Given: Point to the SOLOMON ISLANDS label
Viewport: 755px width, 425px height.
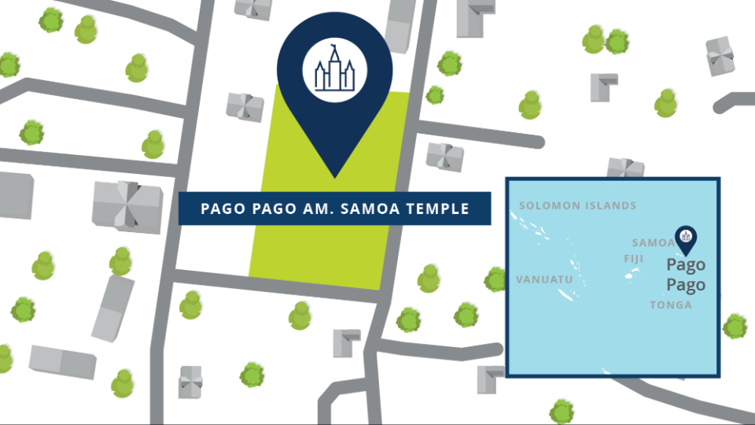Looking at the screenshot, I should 577,206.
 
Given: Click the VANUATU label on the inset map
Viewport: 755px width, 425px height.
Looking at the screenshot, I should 540,279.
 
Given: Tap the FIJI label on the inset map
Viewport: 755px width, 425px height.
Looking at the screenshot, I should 632,259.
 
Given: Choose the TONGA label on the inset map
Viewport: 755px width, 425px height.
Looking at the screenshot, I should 671,305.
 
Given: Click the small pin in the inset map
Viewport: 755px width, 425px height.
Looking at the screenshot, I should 686,238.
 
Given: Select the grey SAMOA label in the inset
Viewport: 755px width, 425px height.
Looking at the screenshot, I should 654,243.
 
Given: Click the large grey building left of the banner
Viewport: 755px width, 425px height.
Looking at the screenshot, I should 127,206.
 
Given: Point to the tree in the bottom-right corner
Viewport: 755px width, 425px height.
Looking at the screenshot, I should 735,325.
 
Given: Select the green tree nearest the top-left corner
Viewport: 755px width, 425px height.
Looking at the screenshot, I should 51,20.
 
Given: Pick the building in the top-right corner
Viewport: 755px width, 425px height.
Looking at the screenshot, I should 720,57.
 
